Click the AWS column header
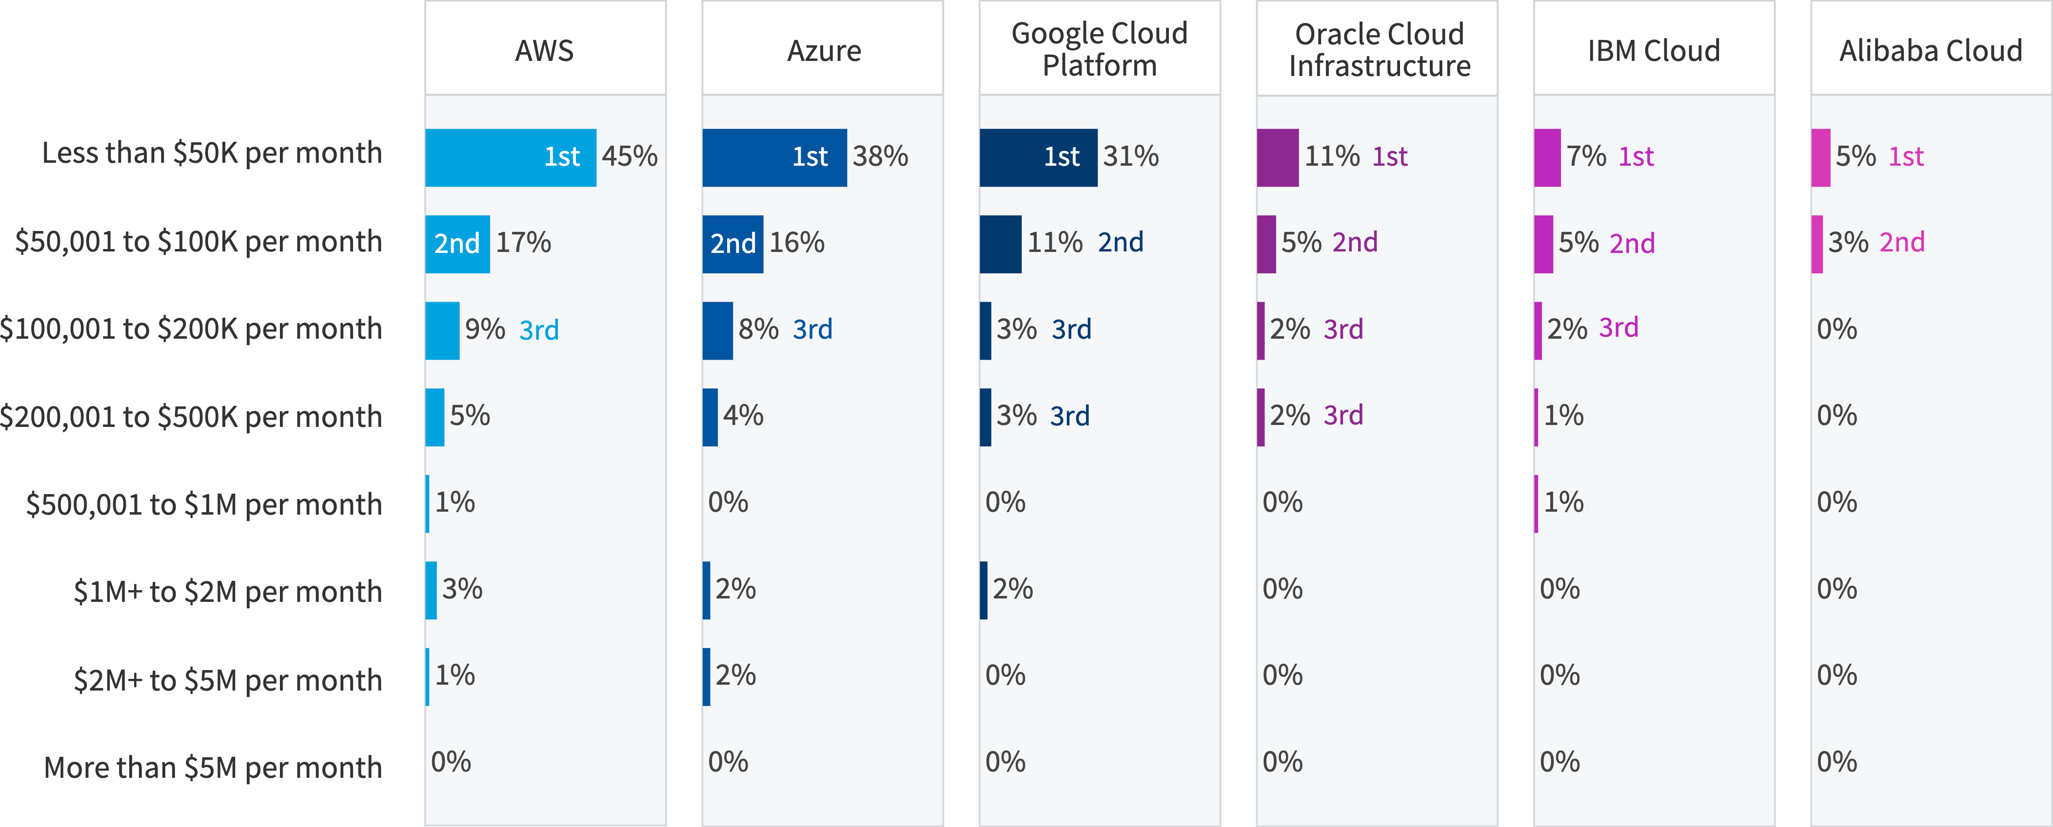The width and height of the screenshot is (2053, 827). pos(544,50)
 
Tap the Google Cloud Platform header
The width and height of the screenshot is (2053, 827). pos(1099,49)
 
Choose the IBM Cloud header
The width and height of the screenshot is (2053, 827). pos(1654,50)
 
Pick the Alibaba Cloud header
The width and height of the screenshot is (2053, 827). pos(1930,50)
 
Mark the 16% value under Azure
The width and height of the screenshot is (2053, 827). pos(796,242)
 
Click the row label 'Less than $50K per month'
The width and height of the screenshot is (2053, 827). pos(212,153)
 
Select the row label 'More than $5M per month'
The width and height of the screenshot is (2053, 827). pos(213,767)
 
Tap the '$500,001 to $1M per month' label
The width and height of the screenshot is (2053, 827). pos(204,504)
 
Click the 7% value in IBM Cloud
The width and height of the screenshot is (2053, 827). pos(1586,156)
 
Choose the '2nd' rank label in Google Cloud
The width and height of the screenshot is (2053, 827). pos(1121,242)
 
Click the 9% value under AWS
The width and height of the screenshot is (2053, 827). pos(485,329)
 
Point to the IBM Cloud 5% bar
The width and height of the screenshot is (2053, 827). pos(1544,244)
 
